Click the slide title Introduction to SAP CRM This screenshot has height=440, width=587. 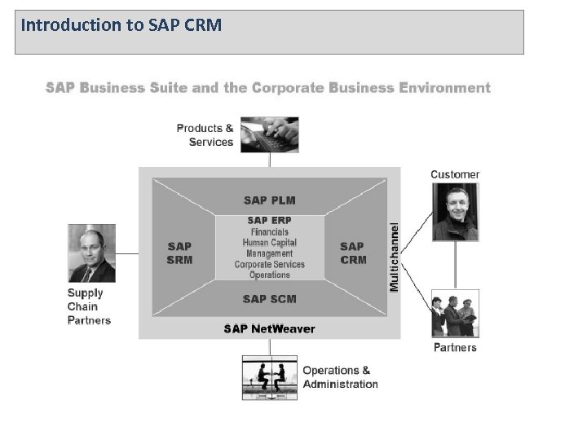[x=121, y=24]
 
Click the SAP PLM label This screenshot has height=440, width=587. [x=269, y=200]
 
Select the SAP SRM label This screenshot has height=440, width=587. [x=179, y=253]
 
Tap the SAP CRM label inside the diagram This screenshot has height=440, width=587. [x=353, y=253]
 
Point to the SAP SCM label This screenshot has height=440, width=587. [x=269, y=299]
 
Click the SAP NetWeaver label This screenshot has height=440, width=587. [x=269, y=329]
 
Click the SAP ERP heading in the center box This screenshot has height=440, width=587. [x=269, y=221]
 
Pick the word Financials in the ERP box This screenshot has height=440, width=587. [x=269, y=232]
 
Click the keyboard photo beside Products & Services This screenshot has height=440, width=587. [x=268, y=134]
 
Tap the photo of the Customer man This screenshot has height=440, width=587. [x=456, y=212]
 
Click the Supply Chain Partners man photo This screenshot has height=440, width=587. [x=91, y=253]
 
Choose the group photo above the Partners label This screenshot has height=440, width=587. [x=456, y=313]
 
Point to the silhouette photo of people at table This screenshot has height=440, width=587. [x=269, y=376]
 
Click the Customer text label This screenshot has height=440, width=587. [x=455, y=174]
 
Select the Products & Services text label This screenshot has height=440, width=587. [x=205, y=134]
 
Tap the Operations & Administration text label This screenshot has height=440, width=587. [x=340, y=377]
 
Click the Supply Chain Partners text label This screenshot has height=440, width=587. [x=89, y=306]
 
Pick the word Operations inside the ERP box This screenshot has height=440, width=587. [x=269, y=275]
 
